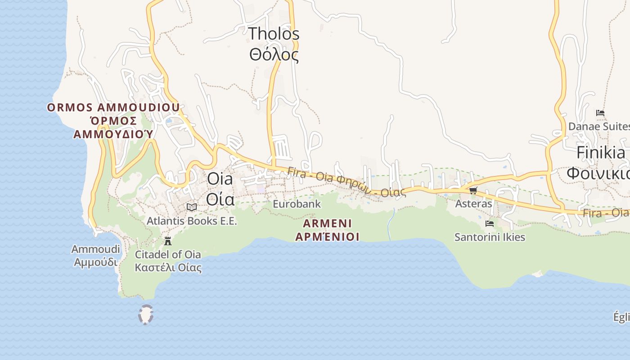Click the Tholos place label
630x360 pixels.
click(x=274, y=34)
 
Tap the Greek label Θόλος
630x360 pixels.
click(x=274, y=55)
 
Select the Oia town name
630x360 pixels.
click(x=220, y=179)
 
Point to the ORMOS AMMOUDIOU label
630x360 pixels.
click(x=113, y=108)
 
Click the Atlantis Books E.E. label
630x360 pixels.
click(x=192, y=221)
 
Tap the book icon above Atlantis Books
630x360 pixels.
click(x=192, y=207)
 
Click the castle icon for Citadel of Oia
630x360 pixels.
click(x=168, y=241)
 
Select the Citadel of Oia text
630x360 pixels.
click(x=168, y=254)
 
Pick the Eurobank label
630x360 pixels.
click(x=297, y=204)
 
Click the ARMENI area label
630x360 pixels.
click(x=327, y=223)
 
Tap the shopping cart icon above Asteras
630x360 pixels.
click(x=473, y=191)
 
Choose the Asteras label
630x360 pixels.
click(x=473, y=204)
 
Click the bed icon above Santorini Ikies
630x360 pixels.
click(x=490, y=223)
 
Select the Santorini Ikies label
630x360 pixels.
click(x=490, y=237)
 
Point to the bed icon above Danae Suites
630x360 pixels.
click(x=600, y=113)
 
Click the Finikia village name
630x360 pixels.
click(x=601, y=153)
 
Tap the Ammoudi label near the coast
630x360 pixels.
click(x=95, y=249)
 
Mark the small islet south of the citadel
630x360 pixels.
click(x=146, y=315)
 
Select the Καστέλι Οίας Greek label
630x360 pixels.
click(x=168, y=268)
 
